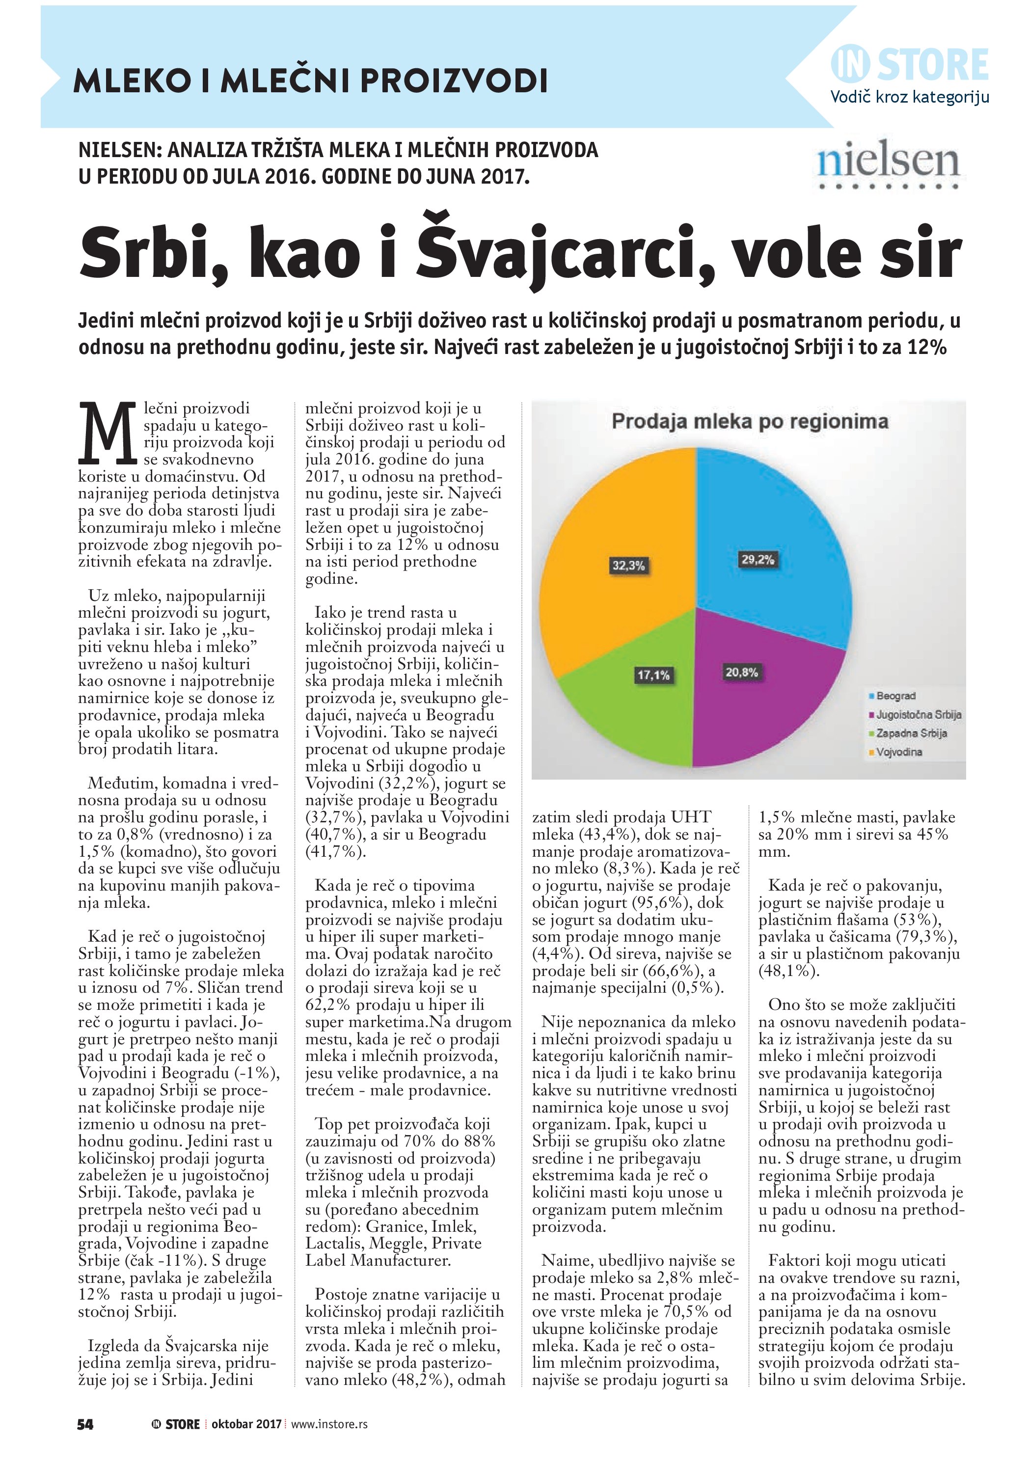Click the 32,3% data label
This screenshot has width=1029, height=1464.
[628, 565]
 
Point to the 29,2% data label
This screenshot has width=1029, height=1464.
[758, 560]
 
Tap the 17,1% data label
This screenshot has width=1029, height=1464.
[653, 675]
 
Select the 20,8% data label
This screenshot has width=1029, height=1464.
[741, 672]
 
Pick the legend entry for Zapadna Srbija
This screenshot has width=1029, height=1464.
[910, 733]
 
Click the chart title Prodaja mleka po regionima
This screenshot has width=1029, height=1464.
[750, 421]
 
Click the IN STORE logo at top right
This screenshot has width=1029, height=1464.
[910, 64]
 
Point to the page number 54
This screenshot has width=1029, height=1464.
[85, 1424]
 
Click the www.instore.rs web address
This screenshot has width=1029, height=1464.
[329, 1424]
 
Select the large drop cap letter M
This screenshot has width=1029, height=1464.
[107, 434]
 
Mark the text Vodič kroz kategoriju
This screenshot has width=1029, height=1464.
[909, 97]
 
